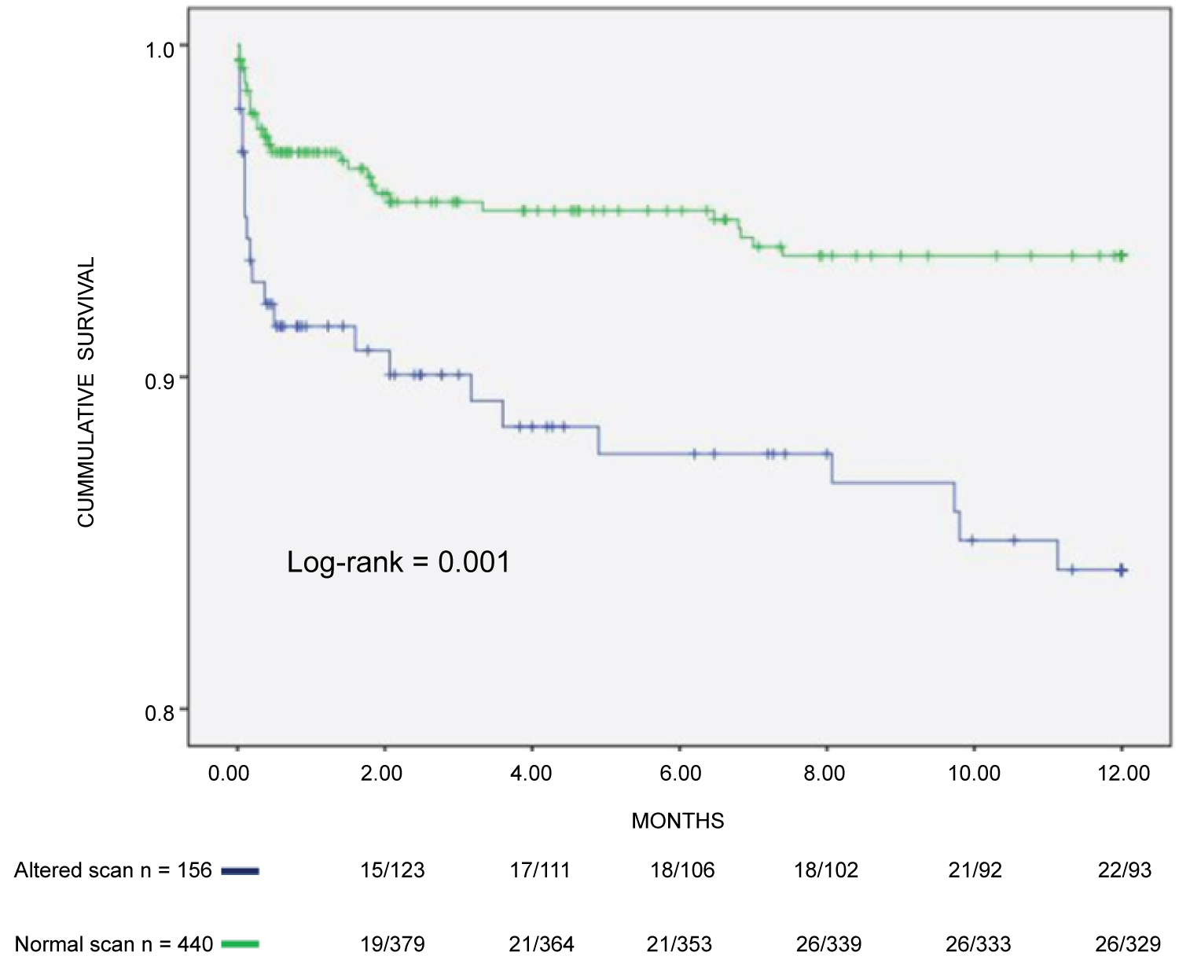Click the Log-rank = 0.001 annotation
coord(399,562)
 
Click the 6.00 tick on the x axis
coord(680,773)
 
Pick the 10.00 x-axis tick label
coord(974,773)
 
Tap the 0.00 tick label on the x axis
coord(229,773)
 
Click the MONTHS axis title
coord(678,821)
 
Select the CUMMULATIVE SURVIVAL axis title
coord(86,392)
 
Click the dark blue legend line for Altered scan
coord(240,870)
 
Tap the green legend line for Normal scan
coord(240,943)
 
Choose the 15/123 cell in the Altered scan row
coord(392,870)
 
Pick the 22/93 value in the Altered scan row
coord(1124,870)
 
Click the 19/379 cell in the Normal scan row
coord(392,943)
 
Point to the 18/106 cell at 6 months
coord(682,870)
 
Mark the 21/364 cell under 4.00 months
coord(541,943)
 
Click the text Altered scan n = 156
coord(113,870)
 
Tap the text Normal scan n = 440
coord(113,943)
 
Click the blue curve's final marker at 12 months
coord(1122,570)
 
